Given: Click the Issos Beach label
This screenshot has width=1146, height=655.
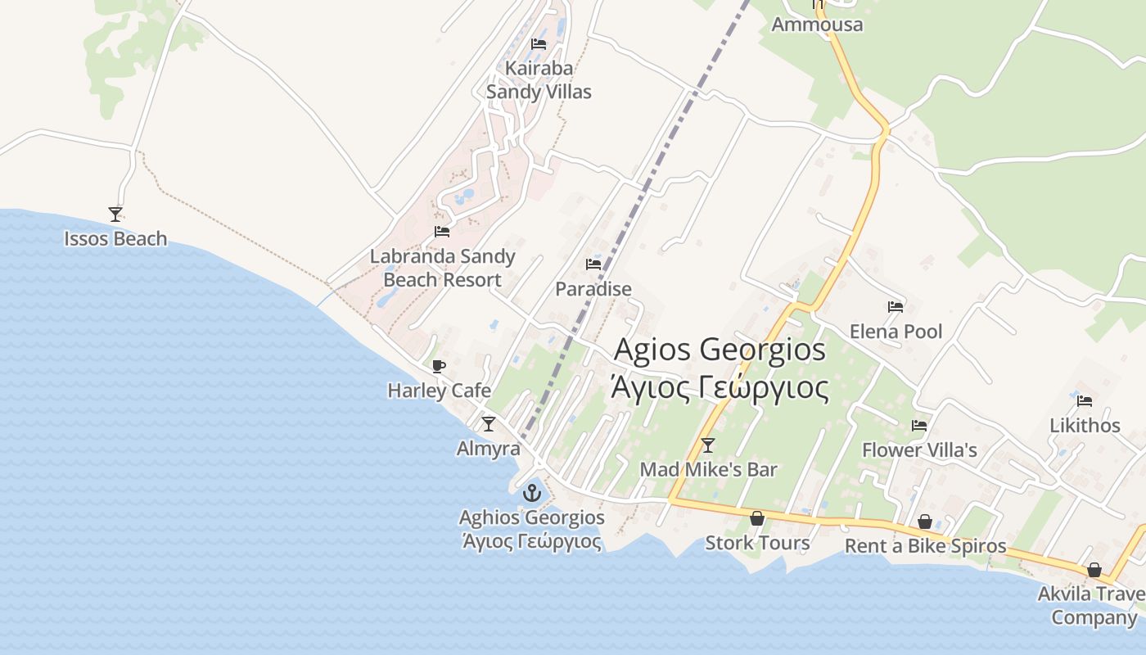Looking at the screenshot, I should (x=115, y=239).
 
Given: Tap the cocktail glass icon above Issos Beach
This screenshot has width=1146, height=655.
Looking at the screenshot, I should (x=115, y=215).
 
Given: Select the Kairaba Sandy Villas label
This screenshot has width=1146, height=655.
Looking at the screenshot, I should (x=539, y=80).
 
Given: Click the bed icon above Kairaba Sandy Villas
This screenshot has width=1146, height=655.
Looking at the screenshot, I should (x=539, y=44).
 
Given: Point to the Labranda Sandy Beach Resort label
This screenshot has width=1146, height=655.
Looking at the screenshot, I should (x=442, y=268).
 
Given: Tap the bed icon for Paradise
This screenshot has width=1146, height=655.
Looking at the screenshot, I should (x=593, y=264).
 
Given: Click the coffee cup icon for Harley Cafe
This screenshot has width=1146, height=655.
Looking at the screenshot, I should (x=439, y=366).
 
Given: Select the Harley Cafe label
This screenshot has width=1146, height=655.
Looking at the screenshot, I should (x=440, y=391).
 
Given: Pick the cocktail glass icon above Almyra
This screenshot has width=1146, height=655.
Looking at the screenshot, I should (x=489, y=424).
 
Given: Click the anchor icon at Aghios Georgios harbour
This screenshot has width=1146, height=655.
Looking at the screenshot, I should (x=532, y=493).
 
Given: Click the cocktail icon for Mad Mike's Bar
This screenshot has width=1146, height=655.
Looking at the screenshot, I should (x=708, y=445).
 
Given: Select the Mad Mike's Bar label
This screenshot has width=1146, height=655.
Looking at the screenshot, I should (x=708, y=470).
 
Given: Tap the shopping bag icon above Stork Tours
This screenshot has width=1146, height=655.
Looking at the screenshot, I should (x=757, y=518).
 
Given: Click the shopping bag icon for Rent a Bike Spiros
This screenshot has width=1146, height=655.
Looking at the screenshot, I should (x=925, y=522).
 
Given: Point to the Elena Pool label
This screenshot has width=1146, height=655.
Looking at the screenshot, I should (x=896, y=332).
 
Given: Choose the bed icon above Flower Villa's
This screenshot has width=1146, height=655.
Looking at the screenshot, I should (x=919, y=426).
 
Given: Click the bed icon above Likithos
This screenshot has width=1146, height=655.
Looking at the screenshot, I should (x=1085, y=401).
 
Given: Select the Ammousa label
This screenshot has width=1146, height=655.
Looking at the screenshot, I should (x=817, y=25).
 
